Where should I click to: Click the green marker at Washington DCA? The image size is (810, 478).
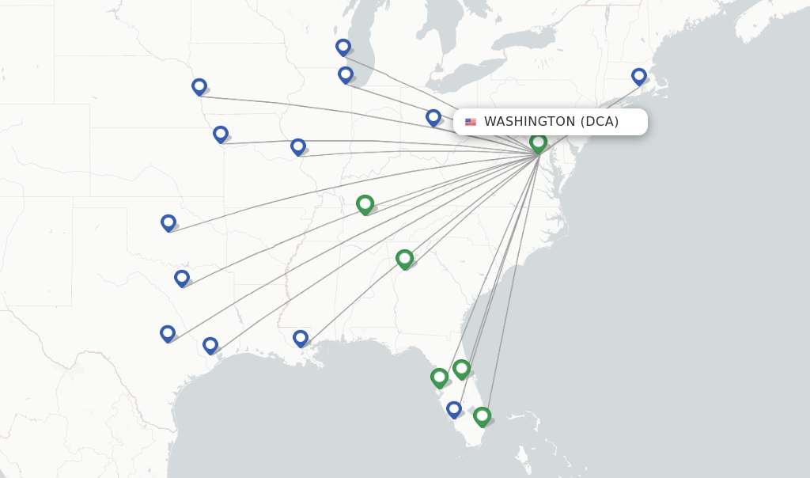point(538,143)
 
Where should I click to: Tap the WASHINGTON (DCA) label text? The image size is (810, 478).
point(551,122)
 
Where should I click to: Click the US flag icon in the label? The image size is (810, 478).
point(471,122)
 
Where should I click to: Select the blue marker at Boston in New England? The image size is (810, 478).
point(639,77)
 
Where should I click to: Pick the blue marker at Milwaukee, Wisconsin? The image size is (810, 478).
point(343,47)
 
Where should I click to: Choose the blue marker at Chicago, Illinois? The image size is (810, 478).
point(346,75)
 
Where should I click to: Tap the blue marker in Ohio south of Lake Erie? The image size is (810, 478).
point(433,118)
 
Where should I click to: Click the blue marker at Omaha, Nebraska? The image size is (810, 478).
point(199,87)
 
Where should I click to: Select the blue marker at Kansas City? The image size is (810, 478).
point(221,135)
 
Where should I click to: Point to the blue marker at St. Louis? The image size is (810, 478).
point(298,147)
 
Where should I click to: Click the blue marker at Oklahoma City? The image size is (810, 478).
point(168,223)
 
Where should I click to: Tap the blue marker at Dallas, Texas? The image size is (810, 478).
point(182,279)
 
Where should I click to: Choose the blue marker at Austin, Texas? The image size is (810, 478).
point(168,334)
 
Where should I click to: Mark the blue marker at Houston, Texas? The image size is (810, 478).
point(210,346)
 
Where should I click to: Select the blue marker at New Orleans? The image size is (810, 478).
point(301,339)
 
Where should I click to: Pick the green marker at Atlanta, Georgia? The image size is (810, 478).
point(404,259)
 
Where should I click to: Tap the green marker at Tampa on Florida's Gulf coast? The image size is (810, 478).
point(439,377)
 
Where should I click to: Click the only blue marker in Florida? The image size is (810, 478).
point(454,410)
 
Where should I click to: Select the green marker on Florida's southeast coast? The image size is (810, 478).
point(482,416)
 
